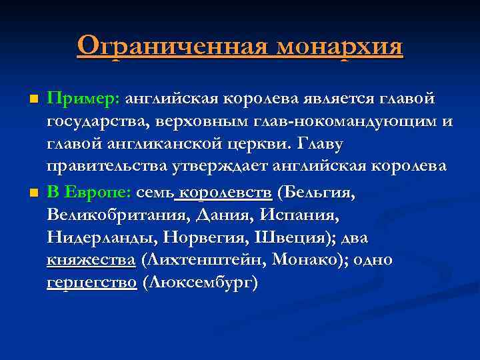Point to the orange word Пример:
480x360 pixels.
(x=83, y=99)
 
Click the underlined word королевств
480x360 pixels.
(x=226, y=193)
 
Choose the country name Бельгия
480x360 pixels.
(x=319, y=193)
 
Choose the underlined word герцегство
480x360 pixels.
(x=92, y=283)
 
